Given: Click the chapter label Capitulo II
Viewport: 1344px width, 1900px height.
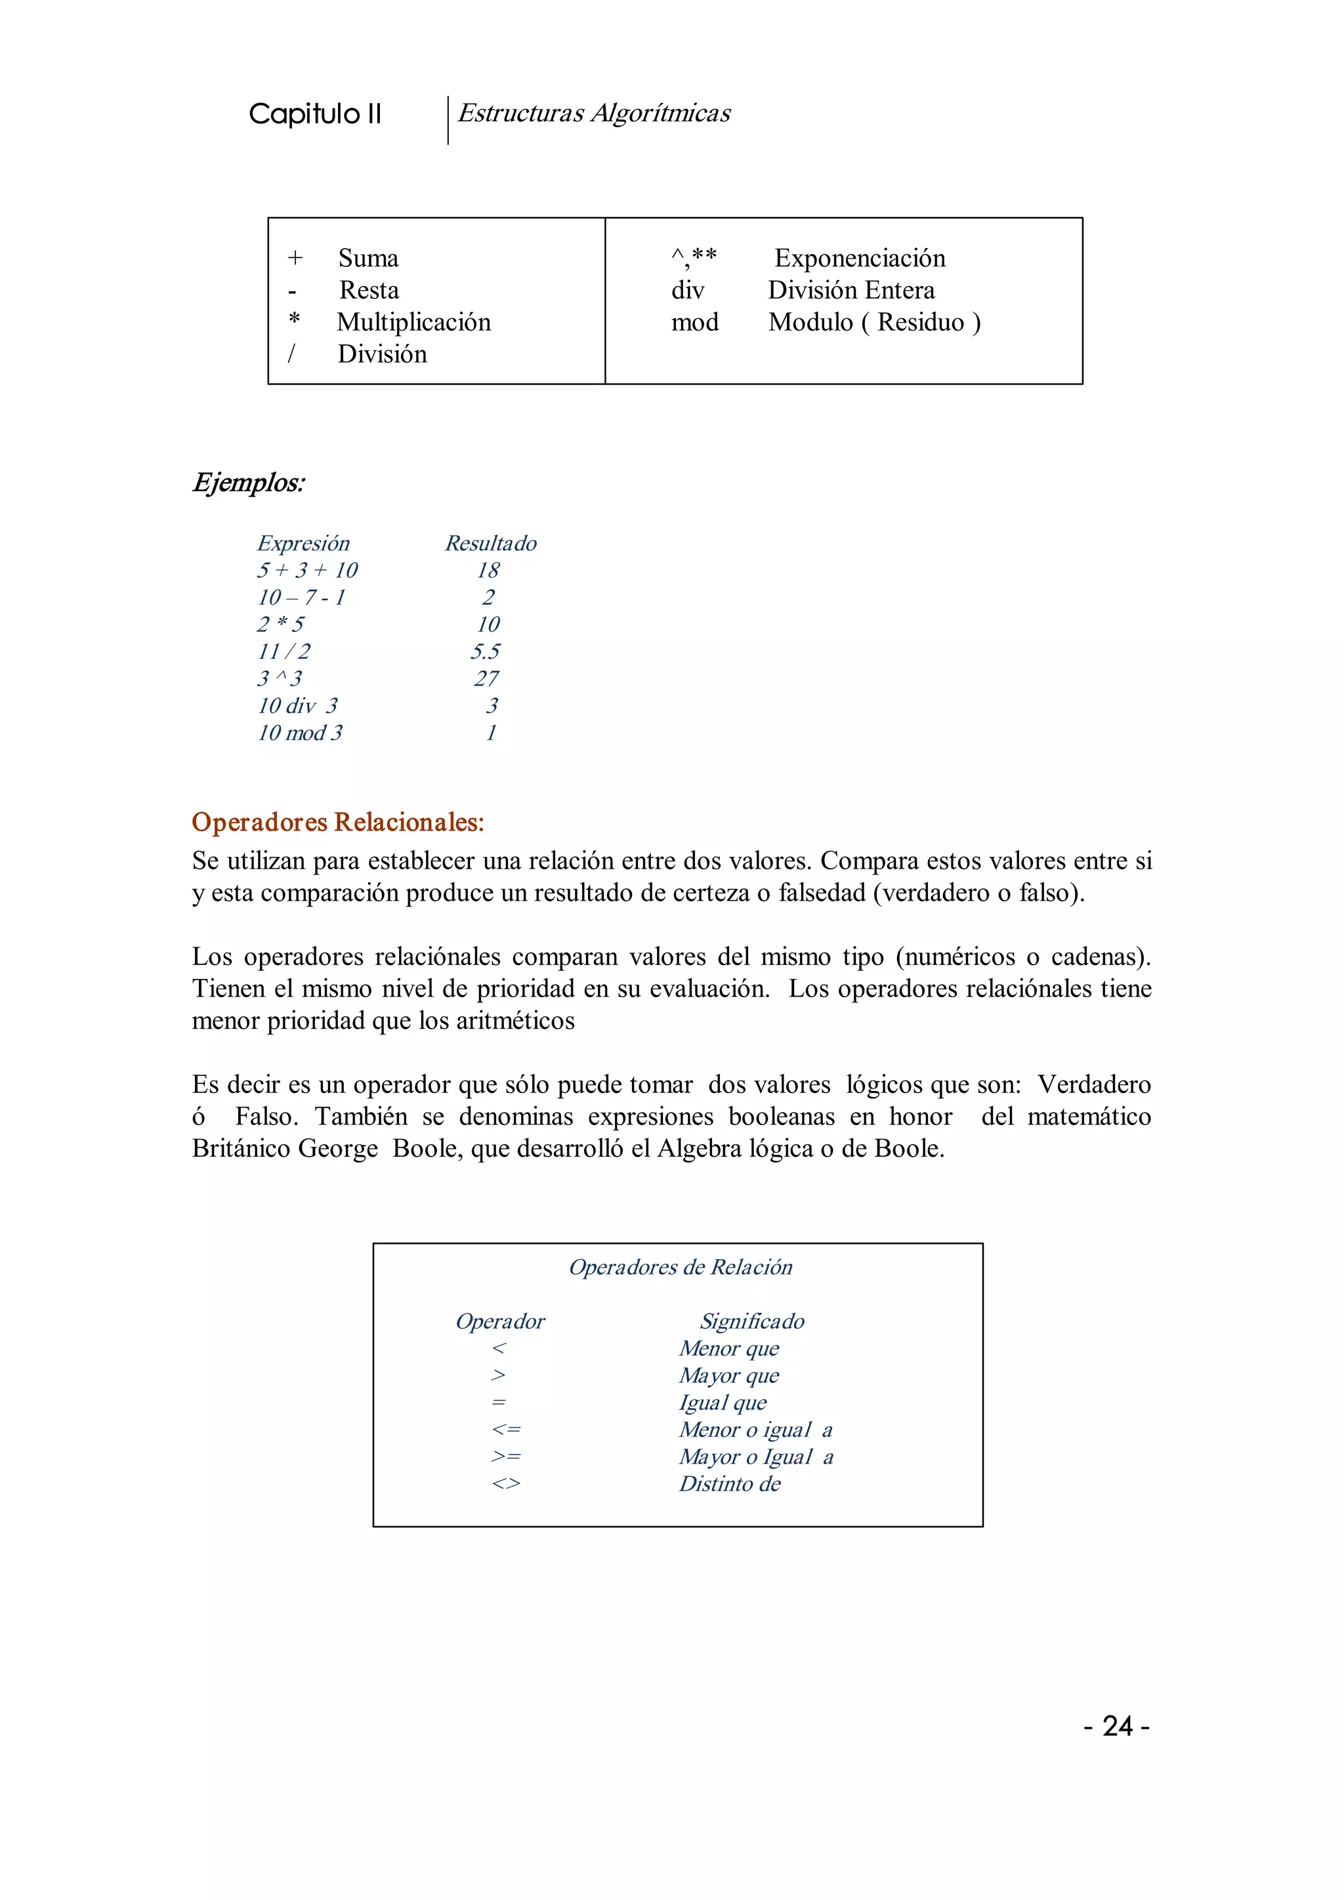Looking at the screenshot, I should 314,114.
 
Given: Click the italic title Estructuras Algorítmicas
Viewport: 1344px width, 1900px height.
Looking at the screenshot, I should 593,113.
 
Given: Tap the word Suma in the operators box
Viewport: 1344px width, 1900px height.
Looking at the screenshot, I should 368,258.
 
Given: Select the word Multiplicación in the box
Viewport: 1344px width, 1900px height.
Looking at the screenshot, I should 414,322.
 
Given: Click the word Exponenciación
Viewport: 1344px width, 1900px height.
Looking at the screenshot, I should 859,258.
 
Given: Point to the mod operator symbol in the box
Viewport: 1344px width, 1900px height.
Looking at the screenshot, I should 694,322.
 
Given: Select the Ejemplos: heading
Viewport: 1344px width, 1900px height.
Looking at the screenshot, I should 248,482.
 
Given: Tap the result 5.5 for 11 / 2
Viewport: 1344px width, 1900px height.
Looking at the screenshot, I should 485,651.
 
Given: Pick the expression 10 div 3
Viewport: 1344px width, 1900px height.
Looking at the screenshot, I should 297,706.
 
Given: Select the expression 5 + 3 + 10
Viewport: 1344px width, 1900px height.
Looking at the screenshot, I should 307,570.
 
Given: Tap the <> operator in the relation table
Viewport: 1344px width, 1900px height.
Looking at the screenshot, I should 506,1484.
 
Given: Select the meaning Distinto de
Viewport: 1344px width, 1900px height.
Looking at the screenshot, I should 729,1484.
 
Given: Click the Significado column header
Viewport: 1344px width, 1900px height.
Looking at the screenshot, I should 751,1321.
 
